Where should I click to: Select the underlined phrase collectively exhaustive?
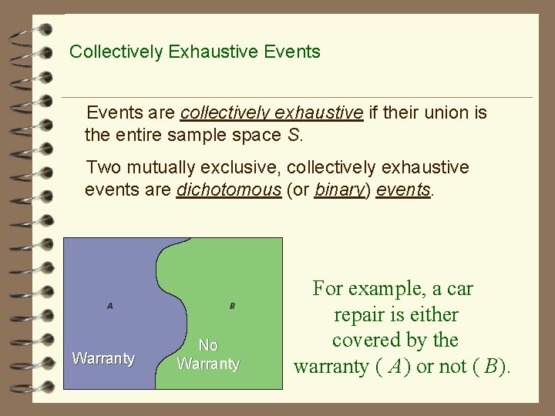[x=271, y=113]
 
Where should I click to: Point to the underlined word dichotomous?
[x=229, y=190]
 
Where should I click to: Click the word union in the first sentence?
[x=447, y=113]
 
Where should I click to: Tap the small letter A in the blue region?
[x=110, y=306]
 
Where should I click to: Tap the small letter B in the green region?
[x=232, y=306]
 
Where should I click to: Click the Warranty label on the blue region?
[x=103, y=357]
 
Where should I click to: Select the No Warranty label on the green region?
[x=208, y=354]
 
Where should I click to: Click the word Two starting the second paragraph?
[x=103, y=167]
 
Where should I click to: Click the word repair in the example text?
[x=359, y=315]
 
